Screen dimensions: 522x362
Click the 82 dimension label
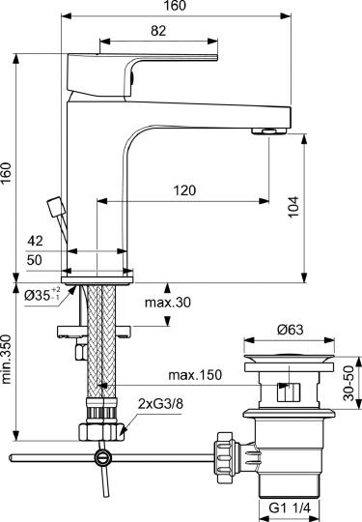pyautogui.click(x=159, y=30)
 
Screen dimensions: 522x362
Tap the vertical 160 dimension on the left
pyautogui.click(x=8, y=173)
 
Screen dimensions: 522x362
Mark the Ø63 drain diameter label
pyautogui.click(x=292, y=330)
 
